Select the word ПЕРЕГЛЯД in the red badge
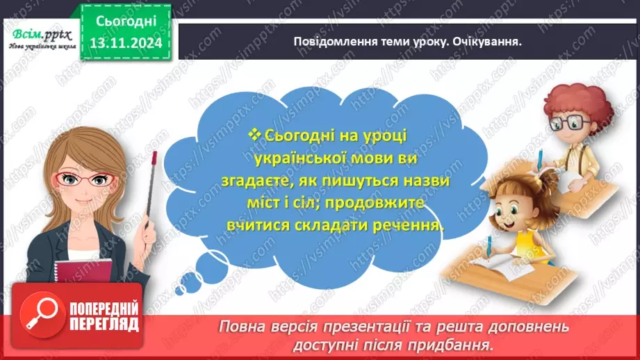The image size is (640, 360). coord(104,324)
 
